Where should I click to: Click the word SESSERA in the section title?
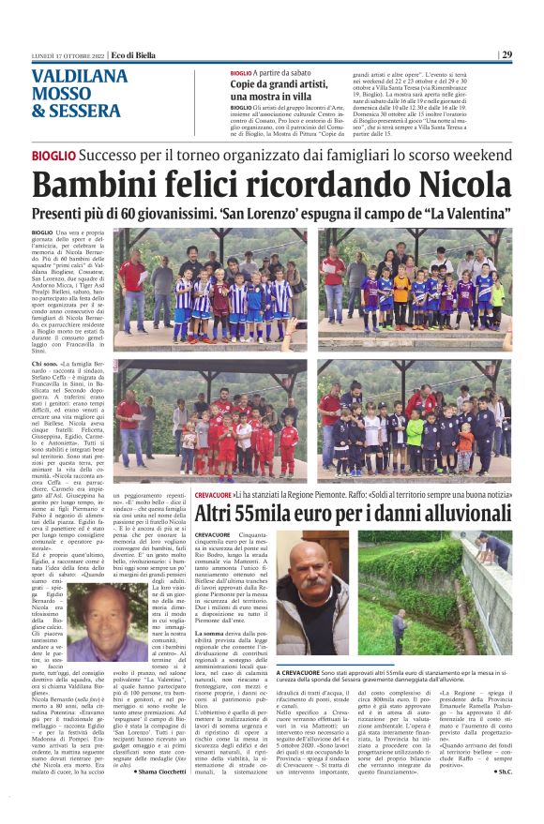[x=84, y=111]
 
